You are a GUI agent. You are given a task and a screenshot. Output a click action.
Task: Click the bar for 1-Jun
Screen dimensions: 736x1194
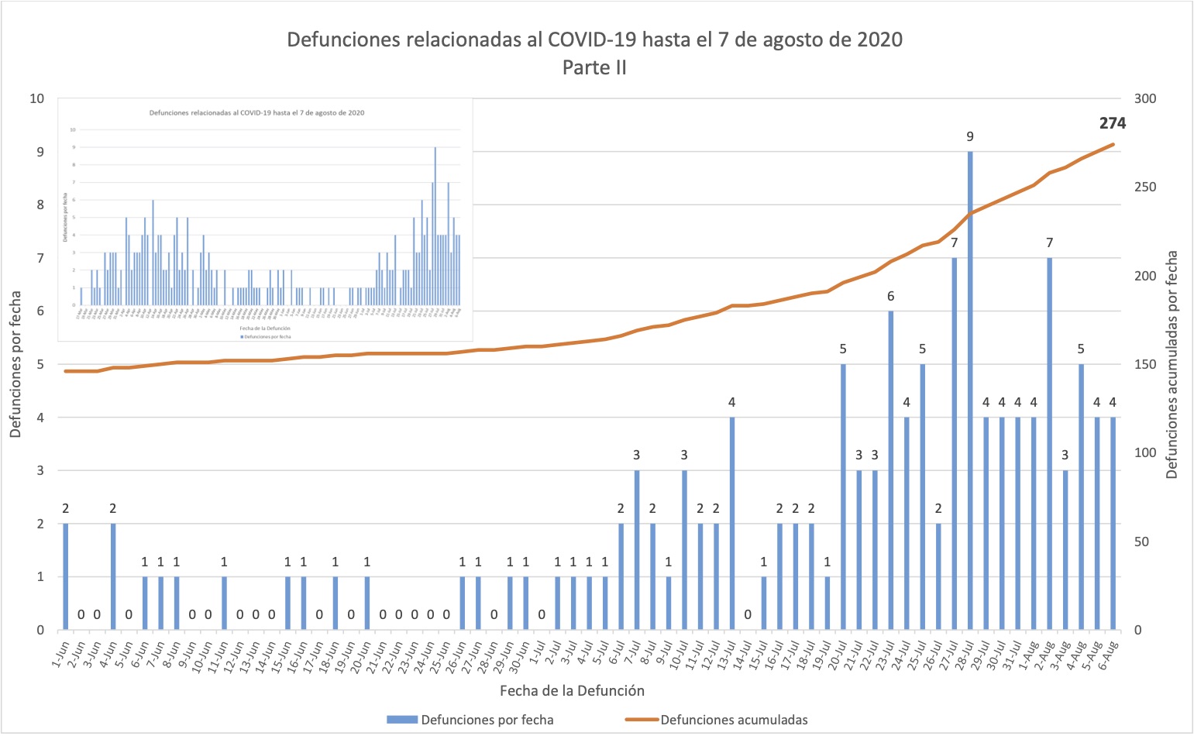pyautogui.click(x=65, y=576)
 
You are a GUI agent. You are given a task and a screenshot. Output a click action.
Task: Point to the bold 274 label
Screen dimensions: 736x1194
pyautogui.click(x=1112, y=123)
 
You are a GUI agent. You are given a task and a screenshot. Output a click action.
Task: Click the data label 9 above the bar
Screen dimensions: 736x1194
pyautogui.click(x=970, y=137)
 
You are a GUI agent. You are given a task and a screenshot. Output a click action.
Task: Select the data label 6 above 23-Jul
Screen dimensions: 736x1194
pyautogui.click(x=890, y=296)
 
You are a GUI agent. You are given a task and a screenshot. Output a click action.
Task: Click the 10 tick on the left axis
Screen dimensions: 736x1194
pyautogui.click(x=36, y=98)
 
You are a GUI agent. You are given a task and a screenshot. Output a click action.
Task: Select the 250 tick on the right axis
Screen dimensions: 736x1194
pyautogui.click(x=1145, y=187)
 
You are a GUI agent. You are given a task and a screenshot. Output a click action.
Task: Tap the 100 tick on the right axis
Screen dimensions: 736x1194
pyautogui.click(x=1145, y=453)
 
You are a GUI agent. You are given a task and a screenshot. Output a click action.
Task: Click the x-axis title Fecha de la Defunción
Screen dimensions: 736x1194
pyautogui.click(x=572, y=690)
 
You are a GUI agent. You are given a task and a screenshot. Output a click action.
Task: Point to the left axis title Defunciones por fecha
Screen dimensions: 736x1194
pyautogui.click(x=16, y=364)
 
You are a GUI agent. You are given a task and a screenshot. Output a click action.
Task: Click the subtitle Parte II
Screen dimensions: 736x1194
pyautogui.click(x=594, y=68)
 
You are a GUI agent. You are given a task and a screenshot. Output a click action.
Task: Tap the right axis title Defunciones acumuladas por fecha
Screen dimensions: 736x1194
pyautogui.click(x=1172, y=364)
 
